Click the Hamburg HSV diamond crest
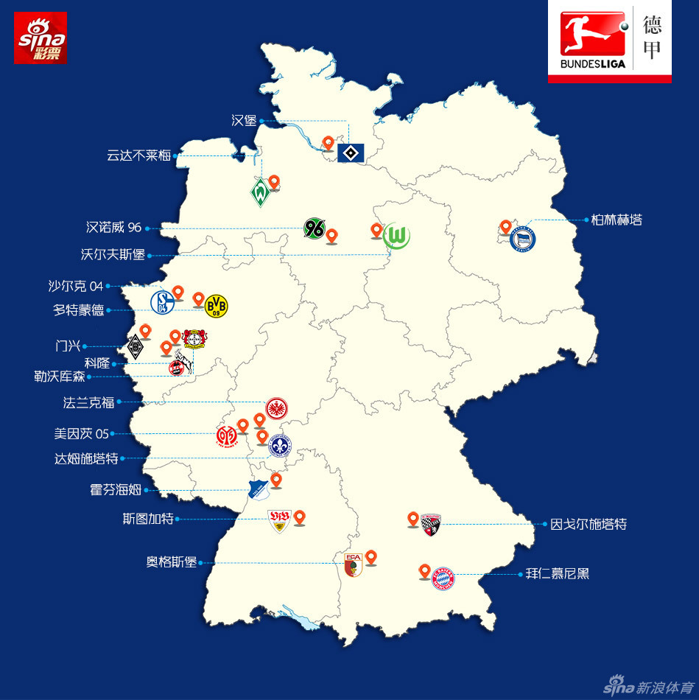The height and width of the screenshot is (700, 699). pos(350,153)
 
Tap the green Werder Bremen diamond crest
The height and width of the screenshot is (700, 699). pos(259,193)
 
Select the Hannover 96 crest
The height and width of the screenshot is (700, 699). pos(314,228)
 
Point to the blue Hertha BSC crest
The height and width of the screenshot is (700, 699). pos(522,239)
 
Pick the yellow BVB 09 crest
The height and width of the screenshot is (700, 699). pos(216,305)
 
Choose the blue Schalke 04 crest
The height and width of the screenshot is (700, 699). pos(162,302)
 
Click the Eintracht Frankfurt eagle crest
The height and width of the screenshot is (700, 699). pos(276,409)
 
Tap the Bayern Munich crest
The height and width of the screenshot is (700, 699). pos(443,579)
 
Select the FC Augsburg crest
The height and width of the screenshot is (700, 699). pos(354,564)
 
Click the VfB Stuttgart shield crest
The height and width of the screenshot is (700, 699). pos(280,521)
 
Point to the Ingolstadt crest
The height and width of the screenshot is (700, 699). pos(430,525)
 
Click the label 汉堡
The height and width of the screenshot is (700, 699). pos(244,121)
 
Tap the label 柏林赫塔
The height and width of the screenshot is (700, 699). pos(617,220)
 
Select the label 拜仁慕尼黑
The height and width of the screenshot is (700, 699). pos(558,573)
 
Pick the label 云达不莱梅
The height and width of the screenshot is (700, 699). pos(138,155)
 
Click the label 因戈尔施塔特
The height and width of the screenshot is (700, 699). pos(589,525)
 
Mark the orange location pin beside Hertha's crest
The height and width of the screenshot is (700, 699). pos(505,226)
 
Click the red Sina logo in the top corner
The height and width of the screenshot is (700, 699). pos(41,38)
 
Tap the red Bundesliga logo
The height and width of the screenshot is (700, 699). pos(592,41)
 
